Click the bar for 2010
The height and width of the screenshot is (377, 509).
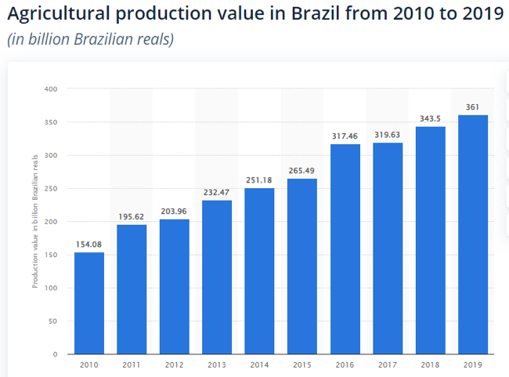[88, 303]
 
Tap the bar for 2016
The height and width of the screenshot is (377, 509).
[345, 249]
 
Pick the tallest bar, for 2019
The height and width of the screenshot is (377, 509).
[473, 234]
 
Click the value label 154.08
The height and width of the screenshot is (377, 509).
[88, 245]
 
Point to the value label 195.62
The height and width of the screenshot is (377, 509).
[132, 217]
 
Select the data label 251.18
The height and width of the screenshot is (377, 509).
[259, 180]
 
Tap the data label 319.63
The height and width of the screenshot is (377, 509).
[388, 135]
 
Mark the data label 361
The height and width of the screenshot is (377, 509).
[473, 107]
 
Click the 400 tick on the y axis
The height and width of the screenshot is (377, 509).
[52, 89]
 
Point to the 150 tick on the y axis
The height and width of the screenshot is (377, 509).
[52, 255]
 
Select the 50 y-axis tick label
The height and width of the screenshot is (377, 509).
[53, 321]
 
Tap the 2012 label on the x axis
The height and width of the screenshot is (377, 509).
[174, 364]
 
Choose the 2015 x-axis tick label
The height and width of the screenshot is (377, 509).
[302, 364]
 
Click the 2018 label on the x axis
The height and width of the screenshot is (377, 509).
[430, 364]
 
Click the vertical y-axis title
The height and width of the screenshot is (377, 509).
[35, 222]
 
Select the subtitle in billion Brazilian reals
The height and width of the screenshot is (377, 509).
[90, 39]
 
